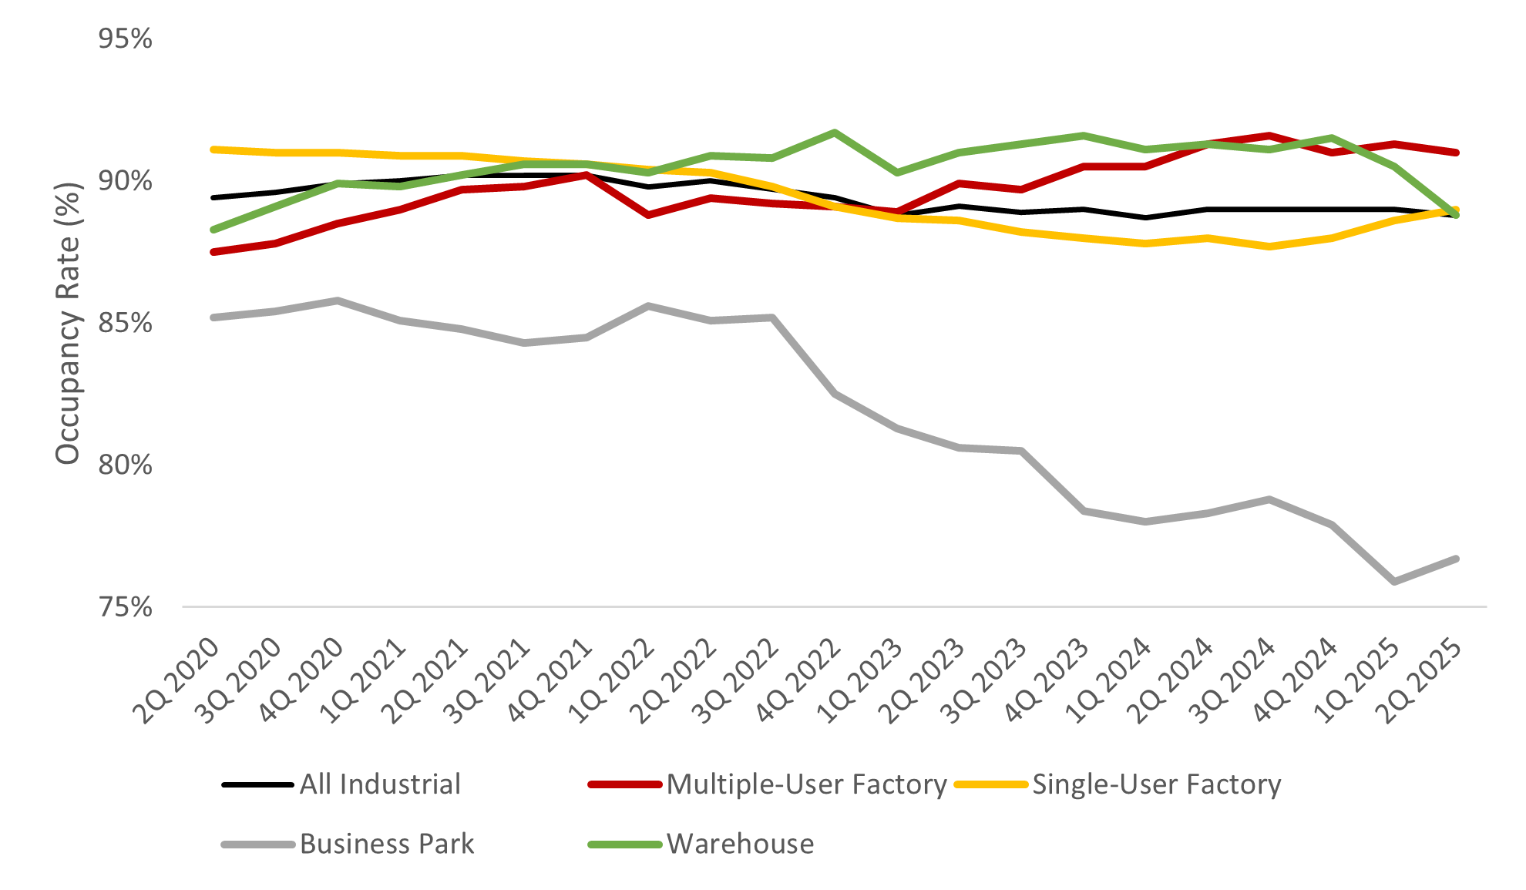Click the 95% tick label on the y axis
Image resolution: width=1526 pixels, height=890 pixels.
(125, 39)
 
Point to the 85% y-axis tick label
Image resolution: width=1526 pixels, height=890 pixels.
(125, 323)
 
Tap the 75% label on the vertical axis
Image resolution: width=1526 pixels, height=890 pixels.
(125, 607)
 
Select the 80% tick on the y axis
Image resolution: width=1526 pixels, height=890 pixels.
(125, 465)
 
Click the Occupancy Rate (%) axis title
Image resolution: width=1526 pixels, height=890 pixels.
(68, 324)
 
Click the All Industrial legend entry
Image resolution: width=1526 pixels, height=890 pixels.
(380, 784)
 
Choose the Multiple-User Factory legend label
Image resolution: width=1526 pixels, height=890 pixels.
(806, 784)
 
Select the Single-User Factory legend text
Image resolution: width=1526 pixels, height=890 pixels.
(1156, 784)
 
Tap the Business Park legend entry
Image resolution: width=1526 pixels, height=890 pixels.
(386, 844)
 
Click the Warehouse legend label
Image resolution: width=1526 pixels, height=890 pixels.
(740, 844)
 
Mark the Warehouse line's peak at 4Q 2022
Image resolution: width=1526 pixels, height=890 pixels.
(835, 133)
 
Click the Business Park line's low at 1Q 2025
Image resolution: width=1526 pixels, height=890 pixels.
(1394, 581)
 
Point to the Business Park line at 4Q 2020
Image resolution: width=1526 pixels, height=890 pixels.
(338, 301)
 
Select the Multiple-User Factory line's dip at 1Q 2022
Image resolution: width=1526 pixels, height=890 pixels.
(648, 215)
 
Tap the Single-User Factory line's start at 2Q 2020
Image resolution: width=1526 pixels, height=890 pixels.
(213, 149)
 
